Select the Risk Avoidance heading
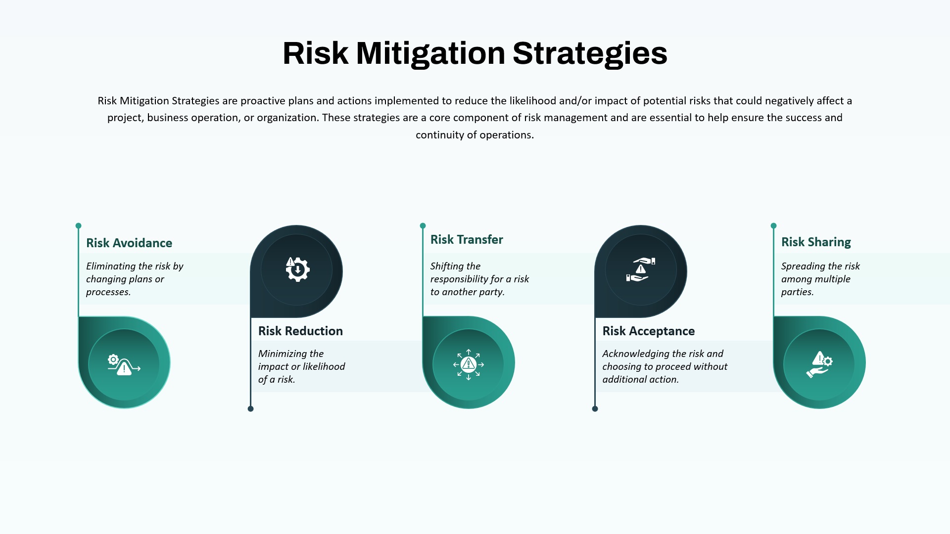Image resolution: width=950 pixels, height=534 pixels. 129,243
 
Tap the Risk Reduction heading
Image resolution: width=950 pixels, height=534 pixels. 300,331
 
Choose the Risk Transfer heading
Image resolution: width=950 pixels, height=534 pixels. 467,239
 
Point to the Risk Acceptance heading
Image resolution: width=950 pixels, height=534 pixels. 649,331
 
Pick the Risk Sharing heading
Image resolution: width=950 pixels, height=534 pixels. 816,242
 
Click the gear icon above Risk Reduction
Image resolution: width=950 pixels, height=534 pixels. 297,269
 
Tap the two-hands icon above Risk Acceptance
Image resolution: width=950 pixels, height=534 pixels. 641,269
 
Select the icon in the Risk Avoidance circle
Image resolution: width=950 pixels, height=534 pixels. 124,364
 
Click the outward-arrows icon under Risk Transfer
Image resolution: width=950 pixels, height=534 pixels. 469,364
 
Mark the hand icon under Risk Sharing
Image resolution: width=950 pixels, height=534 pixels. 819,364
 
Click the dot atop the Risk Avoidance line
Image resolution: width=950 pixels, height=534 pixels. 78,226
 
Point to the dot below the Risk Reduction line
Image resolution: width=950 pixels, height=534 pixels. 250,409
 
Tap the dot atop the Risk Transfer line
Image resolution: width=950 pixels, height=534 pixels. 423,226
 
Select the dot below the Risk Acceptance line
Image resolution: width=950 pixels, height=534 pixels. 595,409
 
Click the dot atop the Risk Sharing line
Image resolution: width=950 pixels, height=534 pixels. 773,226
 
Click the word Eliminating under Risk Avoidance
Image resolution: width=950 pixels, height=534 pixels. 111,267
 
